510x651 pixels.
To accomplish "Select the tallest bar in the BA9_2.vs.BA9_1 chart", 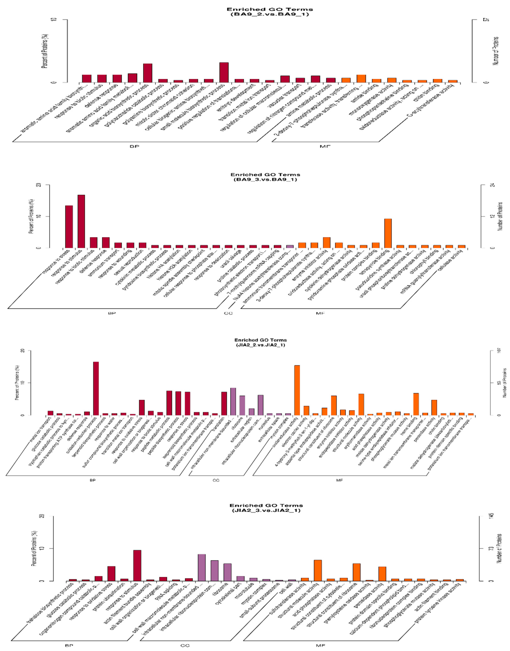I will pos(224,72).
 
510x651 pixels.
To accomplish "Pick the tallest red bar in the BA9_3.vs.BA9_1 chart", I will pos(81,221).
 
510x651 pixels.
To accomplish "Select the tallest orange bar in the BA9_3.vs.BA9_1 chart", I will pos(388,233).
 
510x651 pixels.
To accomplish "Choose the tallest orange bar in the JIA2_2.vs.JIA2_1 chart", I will pos(297,390).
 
